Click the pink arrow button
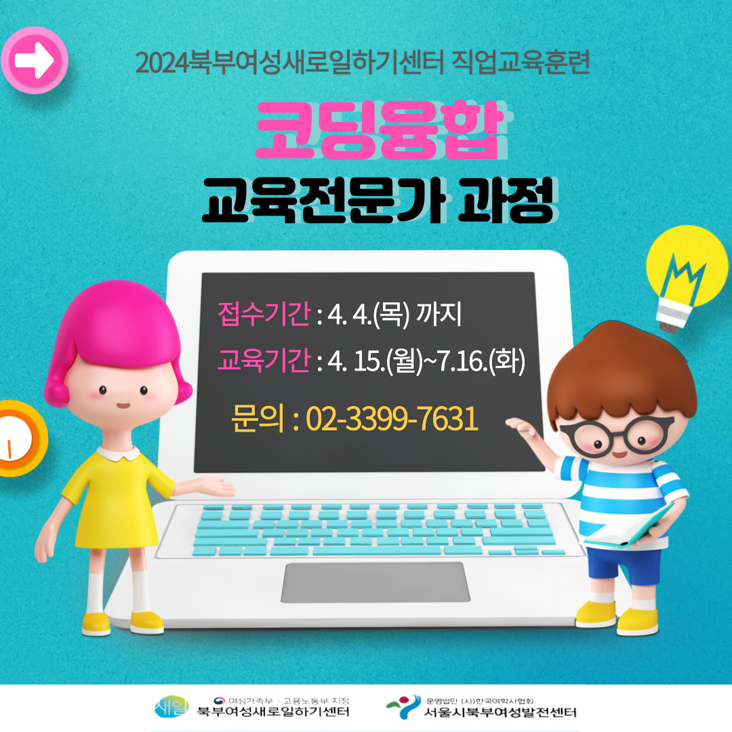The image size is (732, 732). [35, 60]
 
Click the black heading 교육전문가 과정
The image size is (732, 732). [379, 200]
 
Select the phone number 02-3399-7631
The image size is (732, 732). [392, 418]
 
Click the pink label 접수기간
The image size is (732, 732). [264, 313]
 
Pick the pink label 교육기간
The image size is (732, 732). [264, 361]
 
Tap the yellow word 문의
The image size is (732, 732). [258, 418]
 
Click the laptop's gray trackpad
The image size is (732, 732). [375, 582]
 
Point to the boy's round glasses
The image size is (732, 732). [616, 436]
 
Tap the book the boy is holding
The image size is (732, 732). [630, 527]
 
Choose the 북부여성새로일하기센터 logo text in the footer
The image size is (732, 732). [273, 712]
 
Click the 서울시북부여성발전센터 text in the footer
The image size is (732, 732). [500, 712]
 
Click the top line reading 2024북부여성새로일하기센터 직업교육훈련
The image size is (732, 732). [363, 62]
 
